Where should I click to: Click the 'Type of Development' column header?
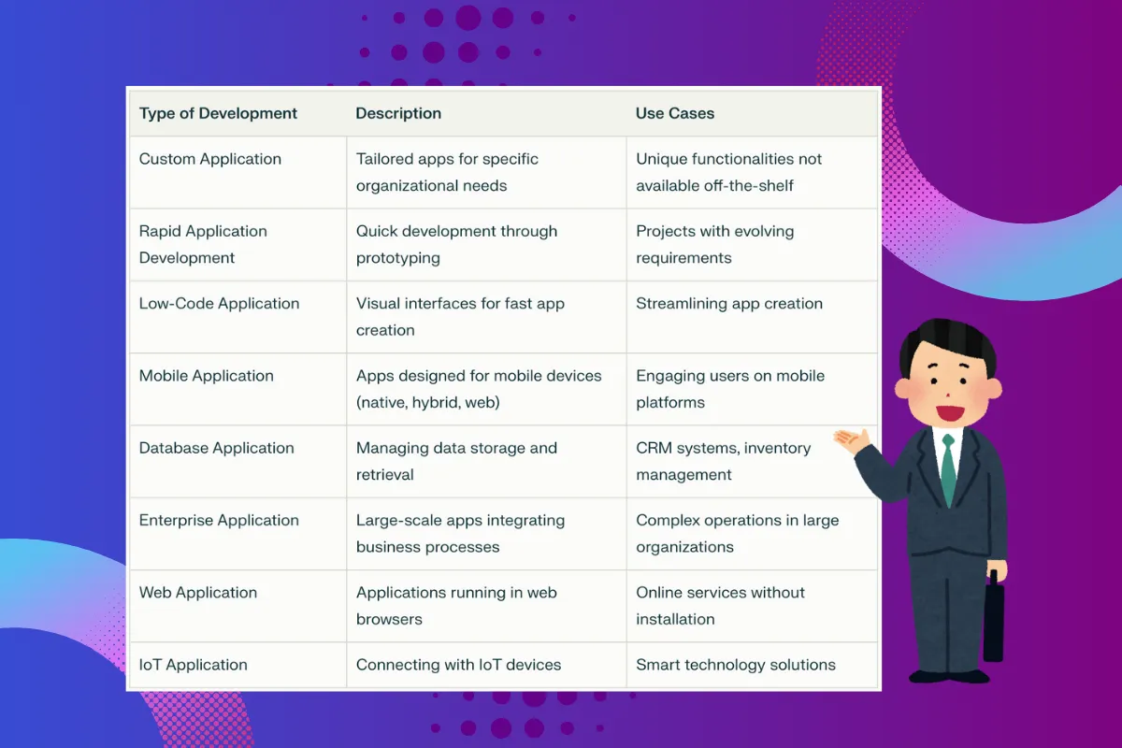218,113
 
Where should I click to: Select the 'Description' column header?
398,113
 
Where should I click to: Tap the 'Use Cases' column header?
675,113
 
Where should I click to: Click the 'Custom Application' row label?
209,159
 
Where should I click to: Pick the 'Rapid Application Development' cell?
203,244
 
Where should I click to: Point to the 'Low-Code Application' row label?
219,304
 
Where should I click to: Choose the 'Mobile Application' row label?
207,376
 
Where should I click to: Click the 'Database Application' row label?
216,448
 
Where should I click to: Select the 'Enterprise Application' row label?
219,520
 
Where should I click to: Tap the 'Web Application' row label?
198,593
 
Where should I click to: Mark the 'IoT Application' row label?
193,665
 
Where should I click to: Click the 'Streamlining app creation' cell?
729,304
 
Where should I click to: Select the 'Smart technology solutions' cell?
736,665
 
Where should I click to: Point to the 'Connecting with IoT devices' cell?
458,665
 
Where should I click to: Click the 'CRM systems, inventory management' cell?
724,461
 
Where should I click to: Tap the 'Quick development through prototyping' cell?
456,244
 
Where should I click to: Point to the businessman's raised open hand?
852,439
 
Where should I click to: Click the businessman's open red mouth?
950,414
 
